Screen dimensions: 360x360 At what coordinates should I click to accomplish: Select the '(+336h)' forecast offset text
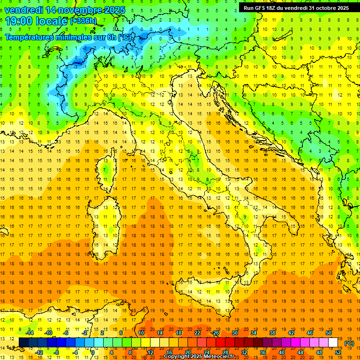(x=83, y=21)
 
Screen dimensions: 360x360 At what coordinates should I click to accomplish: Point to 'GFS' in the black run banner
(x=265, y=8)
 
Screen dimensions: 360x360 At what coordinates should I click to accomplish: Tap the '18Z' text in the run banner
(x=277, y=8)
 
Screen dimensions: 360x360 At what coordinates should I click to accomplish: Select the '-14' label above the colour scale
(x=31, y=333)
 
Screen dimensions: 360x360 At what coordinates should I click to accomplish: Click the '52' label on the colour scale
(x=338, y=352)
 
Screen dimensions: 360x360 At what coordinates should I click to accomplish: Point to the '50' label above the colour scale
(x=329, y=333)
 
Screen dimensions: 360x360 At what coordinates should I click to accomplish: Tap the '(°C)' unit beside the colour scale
(x=349, y=343)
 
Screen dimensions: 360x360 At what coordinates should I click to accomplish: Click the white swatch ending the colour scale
(x=333, y=343)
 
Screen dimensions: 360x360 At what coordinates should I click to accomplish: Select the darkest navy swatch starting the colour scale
(x=23, y=343)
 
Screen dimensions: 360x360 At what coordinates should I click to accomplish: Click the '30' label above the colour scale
(x=234, y=333)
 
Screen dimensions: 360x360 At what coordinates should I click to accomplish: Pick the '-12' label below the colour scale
(x=40, y=352)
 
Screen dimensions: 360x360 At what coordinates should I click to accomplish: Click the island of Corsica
(x=107, y=169)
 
